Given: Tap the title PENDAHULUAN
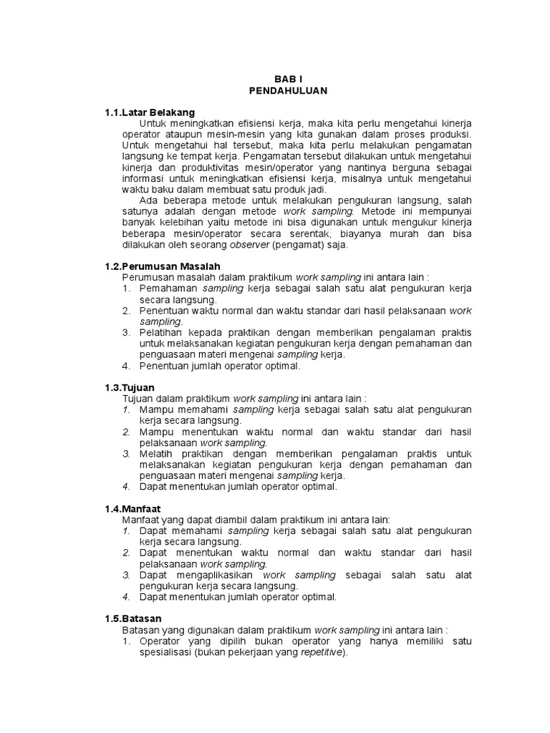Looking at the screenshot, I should (288, 91).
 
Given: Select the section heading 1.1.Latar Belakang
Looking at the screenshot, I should (150, 113).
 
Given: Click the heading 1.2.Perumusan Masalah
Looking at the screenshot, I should (160, 266).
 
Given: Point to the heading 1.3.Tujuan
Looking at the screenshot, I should (130, 387).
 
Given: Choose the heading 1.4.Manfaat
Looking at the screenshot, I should (132, 509).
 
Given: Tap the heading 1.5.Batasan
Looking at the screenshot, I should (133, 618).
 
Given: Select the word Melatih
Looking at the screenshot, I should (157, 454).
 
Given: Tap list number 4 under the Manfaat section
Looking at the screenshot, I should (125, 596).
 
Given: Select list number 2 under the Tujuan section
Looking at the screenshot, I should (125, 432).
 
